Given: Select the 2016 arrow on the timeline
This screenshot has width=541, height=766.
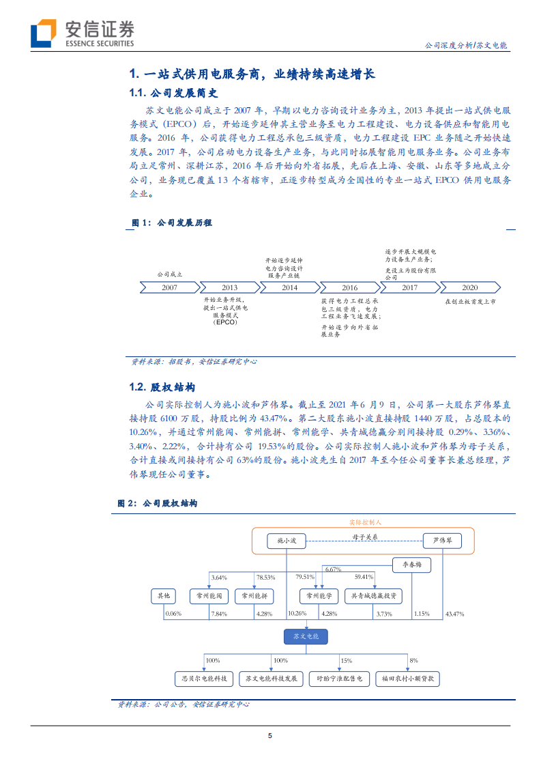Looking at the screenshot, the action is pyautogui.click(x=350, y=287).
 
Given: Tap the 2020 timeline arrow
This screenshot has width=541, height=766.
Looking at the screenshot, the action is pyautogui.click(x=470, y=287).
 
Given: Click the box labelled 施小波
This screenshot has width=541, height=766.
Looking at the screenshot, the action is pyautogui.click(x=287, y=541).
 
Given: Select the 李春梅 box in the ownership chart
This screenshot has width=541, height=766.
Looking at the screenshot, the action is pyautogui.click(x=412, y=565).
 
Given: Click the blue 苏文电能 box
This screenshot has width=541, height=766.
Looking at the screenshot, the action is pyautogui.click(x=306, y=636).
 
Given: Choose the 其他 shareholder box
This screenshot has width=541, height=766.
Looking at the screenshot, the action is pyautogui.click(x=164, y=596).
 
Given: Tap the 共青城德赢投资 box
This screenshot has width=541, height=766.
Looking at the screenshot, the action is pyautogui.click(x=373, y=596).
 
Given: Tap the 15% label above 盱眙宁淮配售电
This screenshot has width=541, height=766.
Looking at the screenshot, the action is pyautogui.click(x=347, y=660).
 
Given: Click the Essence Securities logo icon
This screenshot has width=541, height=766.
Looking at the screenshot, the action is pyautogui.click(x=43, y=33).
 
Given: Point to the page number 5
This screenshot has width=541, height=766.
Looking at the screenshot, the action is pyautogui.click(x=270, y=735).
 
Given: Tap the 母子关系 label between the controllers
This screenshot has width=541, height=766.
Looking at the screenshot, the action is pyautogui.click(x=365, y=537).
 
